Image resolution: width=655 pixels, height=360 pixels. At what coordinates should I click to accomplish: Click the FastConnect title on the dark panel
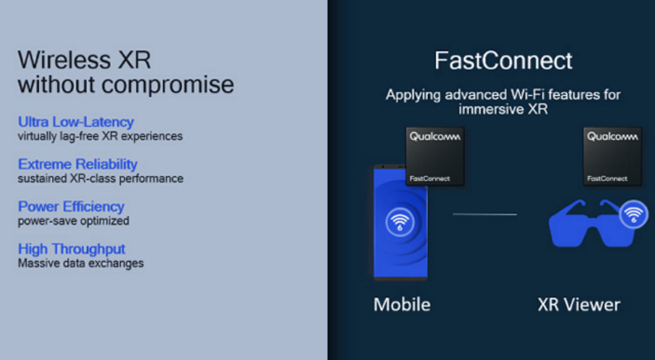tap(503, 60)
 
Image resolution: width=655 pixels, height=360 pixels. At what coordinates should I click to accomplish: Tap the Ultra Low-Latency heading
tap(76, 122)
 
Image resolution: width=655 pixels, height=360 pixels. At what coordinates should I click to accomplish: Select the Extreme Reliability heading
tap(78, 164)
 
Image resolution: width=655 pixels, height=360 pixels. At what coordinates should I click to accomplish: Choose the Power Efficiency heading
tap(71, 206)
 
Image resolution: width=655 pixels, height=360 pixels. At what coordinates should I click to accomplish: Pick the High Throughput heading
tap(72, 249)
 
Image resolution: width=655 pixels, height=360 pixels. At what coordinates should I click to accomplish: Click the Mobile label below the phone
tap(402, 305)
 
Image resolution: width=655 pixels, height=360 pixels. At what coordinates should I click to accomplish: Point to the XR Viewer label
tap(579, 305)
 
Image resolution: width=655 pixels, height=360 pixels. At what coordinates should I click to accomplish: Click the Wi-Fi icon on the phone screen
tap(400, 222)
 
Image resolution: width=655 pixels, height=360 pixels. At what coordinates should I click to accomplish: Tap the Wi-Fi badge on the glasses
tap(634, 214)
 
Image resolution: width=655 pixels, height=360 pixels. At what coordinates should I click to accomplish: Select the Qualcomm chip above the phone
tap(435, 156)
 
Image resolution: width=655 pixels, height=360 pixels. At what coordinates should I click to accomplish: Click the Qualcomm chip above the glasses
tap(613, 156)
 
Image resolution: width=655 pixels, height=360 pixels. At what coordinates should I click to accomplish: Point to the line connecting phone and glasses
tap(484, 214)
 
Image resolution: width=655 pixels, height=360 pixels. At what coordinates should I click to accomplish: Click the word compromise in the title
tap(167, 85)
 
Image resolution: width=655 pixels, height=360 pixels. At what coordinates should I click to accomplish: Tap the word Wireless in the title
tap(64, 60)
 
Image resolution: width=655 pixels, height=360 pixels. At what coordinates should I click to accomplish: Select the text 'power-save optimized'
tap(73, 221)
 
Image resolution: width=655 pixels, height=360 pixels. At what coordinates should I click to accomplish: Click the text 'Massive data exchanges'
tap(81, 263)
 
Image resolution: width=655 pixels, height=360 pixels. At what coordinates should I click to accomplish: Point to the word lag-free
tap(79, 136)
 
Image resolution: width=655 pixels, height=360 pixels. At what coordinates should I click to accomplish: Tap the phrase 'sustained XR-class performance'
tap(101, 179)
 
